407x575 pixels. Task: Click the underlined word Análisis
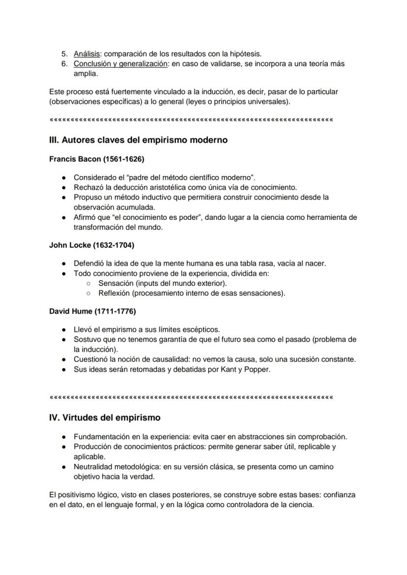tap(87, 54)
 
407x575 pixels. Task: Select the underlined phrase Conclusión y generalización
tap(120, 64)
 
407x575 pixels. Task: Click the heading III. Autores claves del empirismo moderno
tap(138, 140)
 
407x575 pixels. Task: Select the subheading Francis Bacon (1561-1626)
tap(96, 159)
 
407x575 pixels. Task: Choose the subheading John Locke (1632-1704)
tap(91, 245)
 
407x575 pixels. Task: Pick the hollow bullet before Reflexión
tap(88, 294)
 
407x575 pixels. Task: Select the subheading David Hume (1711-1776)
tap(92, 311)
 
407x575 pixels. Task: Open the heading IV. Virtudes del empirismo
tap(105, 418)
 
